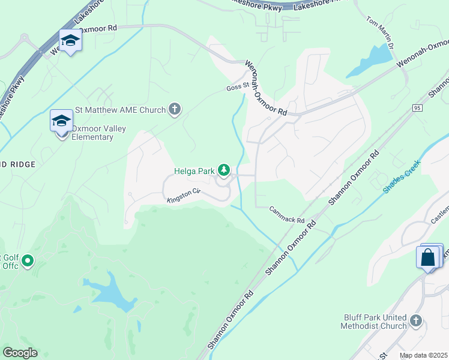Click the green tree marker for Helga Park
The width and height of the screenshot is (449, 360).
tap(224, 171)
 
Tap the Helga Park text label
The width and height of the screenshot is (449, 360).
tap(194, 171)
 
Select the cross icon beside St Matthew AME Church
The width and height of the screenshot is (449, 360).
tap(175, 109)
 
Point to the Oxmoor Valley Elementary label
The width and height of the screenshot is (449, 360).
tap(92, 133)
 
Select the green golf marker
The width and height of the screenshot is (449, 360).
tap(27, 261)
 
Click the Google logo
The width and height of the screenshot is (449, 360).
tap(20, 353)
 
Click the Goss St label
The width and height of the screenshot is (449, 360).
tap(237, 86)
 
